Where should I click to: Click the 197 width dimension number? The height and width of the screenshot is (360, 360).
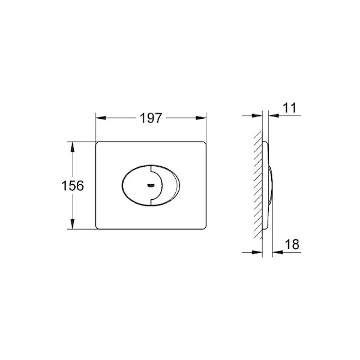151,118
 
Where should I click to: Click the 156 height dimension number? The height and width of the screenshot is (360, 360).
73,185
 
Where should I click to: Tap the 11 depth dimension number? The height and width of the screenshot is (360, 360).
290,107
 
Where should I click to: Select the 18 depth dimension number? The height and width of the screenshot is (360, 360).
292,244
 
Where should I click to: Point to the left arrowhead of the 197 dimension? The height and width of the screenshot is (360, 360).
101,118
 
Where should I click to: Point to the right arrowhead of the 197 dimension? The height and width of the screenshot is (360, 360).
201,118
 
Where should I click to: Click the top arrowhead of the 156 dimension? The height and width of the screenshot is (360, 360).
73,147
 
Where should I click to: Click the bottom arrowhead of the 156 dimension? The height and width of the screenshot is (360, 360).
73,224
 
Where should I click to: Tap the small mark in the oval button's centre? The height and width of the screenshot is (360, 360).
151,185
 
